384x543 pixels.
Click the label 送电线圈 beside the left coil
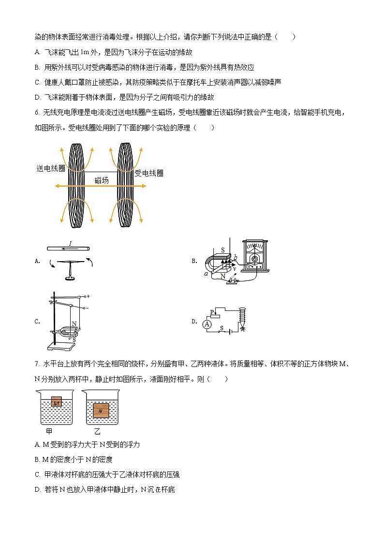point(51,168)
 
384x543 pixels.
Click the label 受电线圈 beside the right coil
point(148,173)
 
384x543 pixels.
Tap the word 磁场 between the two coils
point(102,180)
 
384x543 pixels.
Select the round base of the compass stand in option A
point(70,278)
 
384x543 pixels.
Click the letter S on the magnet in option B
point(222,250)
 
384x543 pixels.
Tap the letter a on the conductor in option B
point(206,274)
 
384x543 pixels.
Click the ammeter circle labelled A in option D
point(207,324)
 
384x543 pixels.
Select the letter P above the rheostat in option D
point(211,311)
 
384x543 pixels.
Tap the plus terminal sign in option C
point(89,296)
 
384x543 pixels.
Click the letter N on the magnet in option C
point(74,324)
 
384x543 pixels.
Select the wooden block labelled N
point(100,411)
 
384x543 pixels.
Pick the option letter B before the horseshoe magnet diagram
point(194,261)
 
